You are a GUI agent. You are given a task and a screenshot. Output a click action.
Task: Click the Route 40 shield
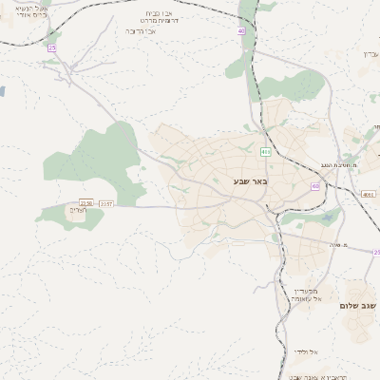(241, 31)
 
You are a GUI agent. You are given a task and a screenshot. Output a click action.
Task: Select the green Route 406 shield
(265, 152)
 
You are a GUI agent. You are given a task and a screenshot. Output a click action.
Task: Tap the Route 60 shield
(315, 186)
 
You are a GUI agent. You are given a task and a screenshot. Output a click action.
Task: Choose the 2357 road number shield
(105, 203)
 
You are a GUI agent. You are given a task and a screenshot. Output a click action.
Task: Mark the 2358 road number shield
(86, 203)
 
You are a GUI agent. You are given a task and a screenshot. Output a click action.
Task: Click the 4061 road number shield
(368, 194)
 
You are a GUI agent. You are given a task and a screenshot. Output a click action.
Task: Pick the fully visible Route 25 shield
(51, 47)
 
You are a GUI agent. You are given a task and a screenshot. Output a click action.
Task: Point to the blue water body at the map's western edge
(2, 92)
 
